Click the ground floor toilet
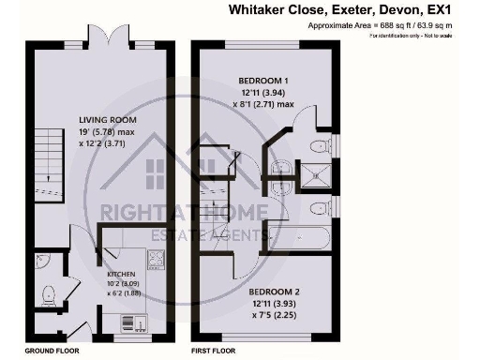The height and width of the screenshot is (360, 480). [50, 296]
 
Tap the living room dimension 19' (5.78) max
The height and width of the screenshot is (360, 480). [109, 132]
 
